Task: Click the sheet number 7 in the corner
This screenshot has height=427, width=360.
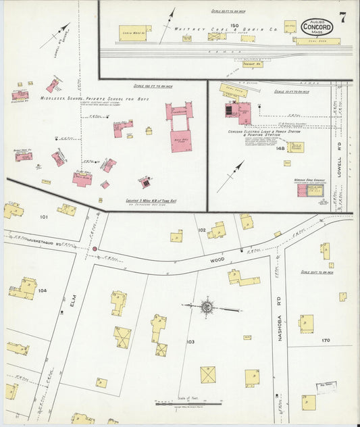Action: pos(342,18)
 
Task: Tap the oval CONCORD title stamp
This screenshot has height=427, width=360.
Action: pos(317,27)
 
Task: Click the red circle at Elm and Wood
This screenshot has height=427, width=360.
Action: pos(95,249)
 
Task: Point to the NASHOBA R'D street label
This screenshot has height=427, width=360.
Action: pos(279,326)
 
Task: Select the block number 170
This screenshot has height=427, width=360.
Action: pos(326,340)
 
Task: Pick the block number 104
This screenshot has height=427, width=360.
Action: pos(42,290)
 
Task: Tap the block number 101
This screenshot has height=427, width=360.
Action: pos(44,217)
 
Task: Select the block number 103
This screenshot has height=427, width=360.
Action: pos(190,342)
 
